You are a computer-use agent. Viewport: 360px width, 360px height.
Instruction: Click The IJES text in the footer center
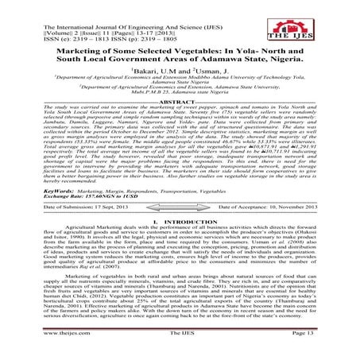click(180, 345)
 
